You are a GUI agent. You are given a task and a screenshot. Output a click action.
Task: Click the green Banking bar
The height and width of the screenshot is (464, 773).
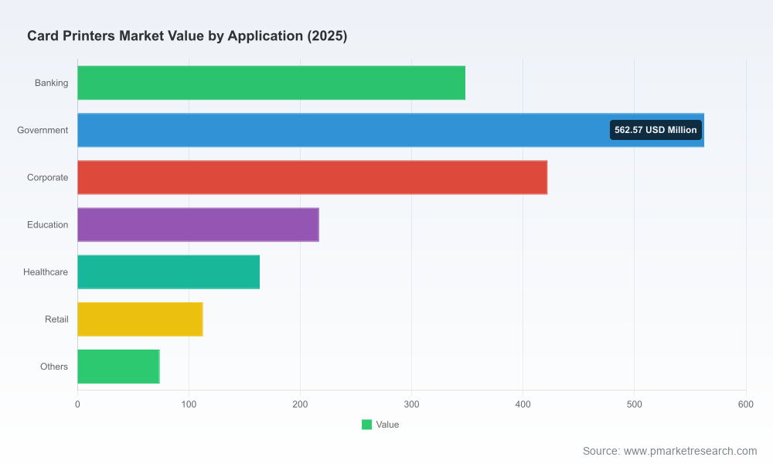coord(271,83)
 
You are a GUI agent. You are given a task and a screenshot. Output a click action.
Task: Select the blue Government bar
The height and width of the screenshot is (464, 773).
coord(390,130)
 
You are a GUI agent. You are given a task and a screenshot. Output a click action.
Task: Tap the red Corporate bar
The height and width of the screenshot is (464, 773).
coord(312,178)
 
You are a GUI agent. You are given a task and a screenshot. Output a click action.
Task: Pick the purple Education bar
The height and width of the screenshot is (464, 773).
coord(198,225)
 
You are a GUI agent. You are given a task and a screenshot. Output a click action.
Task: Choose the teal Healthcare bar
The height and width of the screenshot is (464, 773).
coord(169,272)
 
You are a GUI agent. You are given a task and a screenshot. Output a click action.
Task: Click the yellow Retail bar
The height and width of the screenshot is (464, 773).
coord(140,319)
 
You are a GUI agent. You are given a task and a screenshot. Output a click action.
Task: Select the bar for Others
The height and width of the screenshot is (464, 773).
coord(118,367)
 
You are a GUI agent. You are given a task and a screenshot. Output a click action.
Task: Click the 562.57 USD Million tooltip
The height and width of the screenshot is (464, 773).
coord(656,130)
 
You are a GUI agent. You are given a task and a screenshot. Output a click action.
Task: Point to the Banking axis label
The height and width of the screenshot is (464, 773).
coord(51,83)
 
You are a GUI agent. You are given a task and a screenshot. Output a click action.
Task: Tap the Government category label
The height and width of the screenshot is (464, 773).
coord(43,130)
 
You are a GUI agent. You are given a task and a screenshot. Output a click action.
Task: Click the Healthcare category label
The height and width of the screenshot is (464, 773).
coord(46,272)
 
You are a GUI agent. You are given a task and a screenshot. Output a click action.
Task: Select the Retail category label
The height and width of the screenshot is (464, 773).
coord(56,319)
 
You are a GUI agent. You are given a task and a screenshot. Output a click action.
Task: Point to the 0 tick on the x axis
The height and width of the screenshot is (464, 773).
coord(77,404)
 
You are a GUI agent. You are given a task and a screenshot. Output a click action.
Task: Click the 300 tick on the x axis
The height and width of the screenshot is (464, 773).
coord(412,404)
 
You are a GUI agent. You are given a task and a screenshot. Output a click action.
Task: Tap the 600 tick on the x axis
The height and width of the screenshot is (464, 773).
coord(746,404)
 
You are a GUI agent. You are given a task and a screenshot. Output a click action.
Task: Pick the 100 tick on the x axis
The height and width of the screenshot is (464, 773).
coord(189,404)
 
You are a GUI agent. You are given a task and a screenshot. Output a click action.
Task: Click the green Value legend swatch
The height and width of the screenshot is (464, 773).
coord(366,425)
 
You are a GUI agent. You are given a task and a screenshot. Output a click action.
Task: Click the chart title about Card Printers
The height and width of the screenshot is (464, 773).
coord(187,36)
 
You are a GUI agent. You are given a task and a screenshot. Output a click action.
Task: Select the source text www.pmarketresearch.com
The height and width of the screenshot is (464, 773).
coord(690,451)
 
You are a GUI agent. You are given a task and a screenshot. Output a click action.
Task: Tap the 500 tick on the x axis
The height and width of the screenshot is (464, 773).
coord(635,404)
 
